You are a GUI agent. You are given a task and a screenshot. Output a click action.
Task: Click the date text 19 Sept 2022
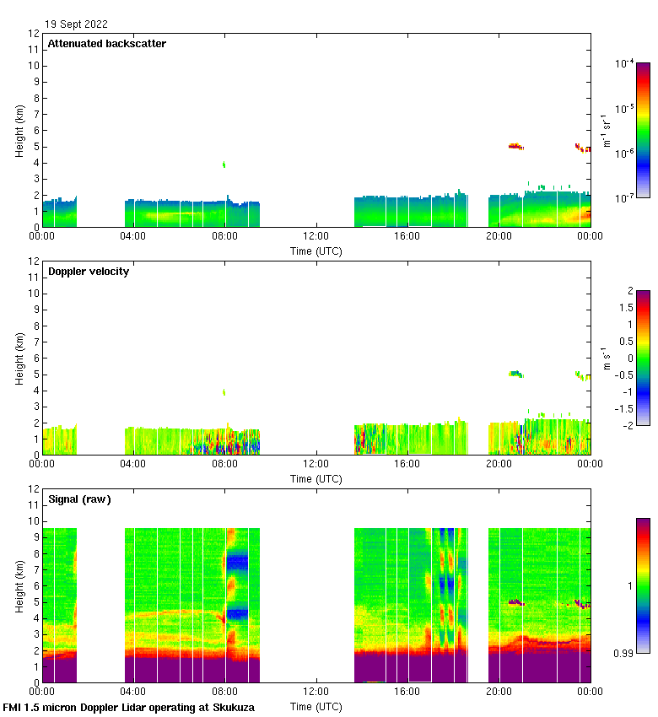[77, 24]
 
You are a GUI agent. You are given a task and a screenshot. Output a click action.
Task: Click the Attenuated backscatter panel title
[107, 44]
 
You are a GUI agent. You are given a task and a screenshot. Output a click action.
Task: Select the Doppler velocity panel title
[89, 272]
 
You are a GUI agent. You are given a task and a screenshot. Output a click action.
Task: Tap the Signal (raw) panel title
[79, 499]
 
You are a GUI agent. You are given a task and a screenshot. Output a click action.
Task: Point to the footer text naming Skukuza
[129, 708]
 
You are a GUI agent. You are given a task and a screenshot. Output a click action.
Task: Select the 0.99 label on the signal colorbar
[625, 653]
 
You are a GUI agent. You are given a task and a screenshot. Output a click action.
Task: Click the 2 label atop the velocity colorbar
[629, 291]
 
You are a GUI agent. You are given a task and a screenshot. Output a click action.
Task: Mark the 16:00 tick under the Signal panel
[407, 693]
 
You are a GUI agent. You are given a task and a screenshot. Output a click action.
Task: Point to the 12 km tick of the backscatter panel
[34, 34]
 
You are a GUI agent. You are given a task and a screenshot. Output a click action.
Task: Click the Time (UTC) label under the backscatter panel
[316, 251]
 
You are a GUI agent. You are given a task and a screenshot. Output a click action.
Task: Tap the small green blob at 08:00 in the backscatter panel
[224, 164]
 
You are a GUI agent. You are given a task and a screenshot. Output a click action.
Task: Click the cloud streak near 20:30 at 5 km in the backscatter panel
[516, 147]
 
